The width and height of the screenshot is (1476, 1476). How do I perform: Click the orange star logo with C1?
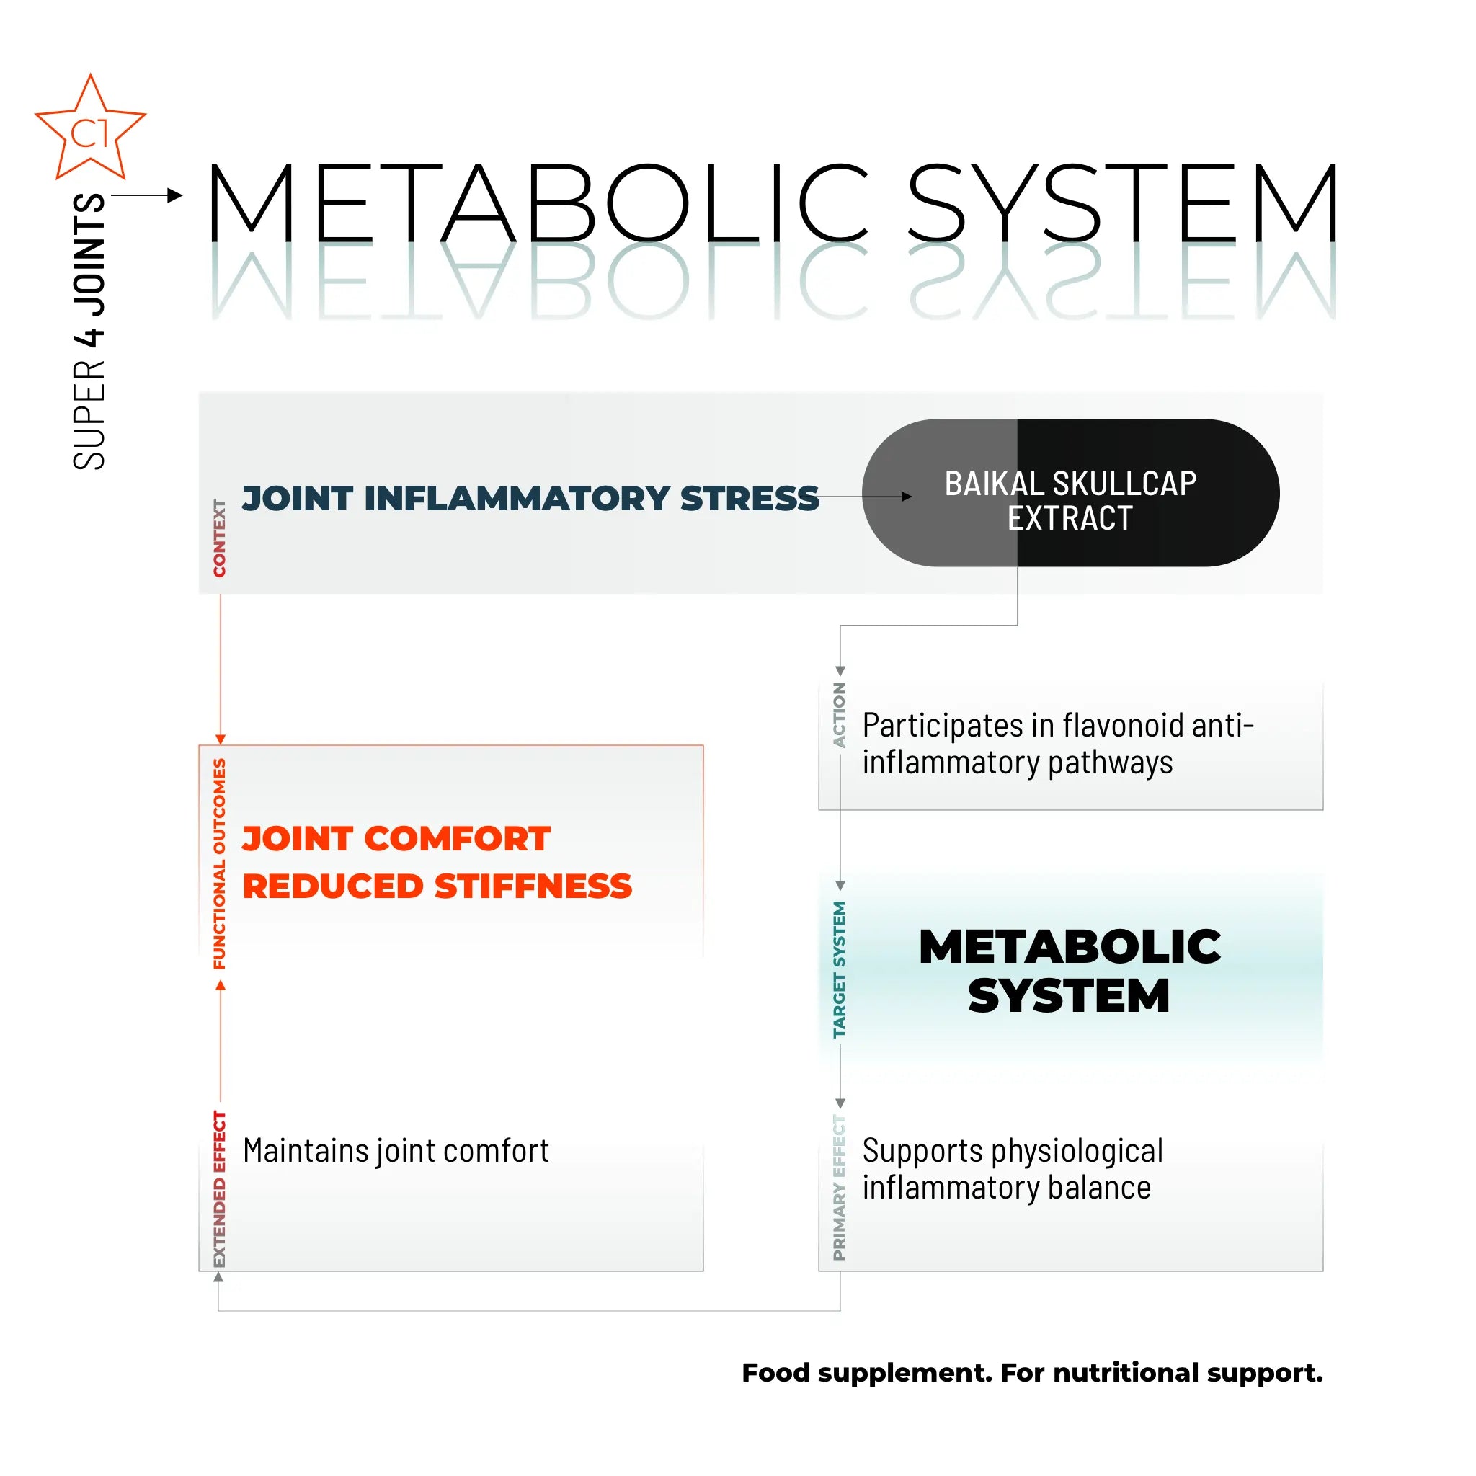click(x=90, y=130)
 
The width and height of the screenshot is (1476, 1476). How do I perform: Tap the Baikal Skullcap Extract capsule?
click(x=1070, y=493)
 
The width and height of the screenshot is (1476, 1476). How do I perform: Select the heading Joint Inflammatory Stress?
click(x=530, y=498)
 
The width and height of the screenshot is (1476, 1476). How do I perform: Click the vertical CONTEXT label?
click(x=219, y=538)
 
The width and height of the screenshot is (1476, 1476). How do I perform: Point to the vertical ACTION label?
click(x=839, y=715)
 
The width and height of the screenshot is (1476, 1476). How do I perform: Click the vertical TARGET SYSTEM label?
click(x=839, y=969)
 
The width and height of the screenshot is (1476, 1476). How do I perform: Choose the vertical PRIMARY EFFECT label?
click(x=839, y=1187)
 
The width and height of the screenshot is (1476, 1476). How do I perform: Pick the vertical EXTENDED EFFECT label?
click(x=219, y=1188)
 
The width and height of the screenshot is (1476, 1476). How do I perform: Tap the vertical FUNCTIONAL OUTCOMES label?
click(x=219, y=863)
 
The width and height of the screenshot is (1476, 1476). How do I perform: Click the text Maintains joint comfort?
click(x=396, y=1150)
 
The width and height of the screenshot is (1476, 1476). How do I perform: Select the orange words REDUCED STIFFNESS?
click(x=437, y=886)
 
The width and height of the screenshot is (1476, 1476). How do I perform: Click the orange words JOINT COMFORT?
click(x=396, y=838)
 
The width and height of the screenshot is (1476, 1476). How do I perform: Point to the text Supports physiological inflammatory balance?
click(x=1013, y=1169)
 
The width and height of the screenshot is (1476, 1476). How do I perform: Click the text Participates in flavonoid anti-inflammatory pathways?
click(x=1057, y=743)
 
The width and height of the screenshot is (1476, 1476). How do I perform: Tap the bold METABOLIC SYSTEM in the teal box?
click(x=1070, y=970)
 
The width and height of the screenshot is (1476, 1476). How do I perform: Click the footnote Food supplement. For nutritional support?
click(x=1032, y=1373)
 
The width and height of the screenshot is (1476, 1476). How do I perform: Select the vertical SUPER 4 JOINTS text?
click(x=89, y=332)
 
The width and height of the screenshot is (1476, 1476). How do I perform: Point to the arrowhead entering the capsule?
click(x=907, y=497)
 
